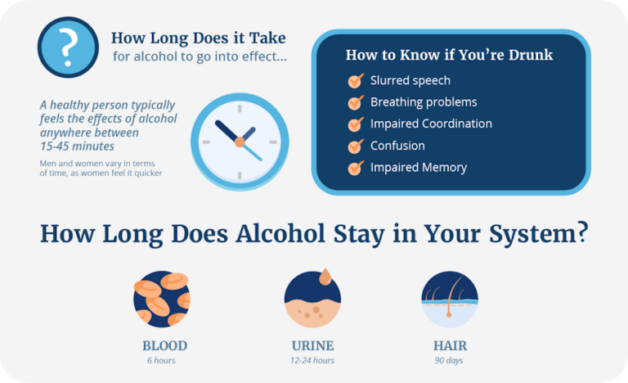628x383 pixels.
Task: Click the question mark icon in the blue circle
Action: [68, 47]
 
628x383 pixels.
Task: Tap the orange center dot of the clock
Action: [240, 142]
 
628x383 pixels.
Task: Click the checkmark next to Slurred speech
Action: [355, 81]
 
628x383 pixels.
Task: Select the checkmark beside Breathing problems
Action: [355, 103]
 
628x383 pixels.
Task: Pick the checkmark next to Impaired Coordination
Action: [355, 124]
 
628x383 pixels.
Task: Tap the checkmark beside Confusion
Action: [355, 146]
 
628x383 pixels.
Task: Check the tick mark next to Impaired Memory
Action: [355, 168]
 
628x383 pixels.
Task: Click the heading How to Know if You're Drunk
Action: [449, 56]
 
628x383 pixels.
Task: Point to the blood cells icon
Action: [162, 299]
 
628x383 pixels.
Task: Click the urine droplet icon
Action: [312, 297]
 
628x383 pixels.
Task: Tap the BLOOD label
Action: [164, 345]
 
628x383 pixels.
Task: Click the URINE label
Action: [312, 345]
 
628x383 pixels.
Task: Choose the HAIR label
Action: [449, 345]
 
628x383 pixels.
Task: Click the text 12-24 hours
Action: [312, 360]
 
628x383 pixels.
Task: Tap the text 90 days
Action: [449, 360]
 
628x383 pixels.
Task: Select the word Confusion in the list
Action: [397, 146]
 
